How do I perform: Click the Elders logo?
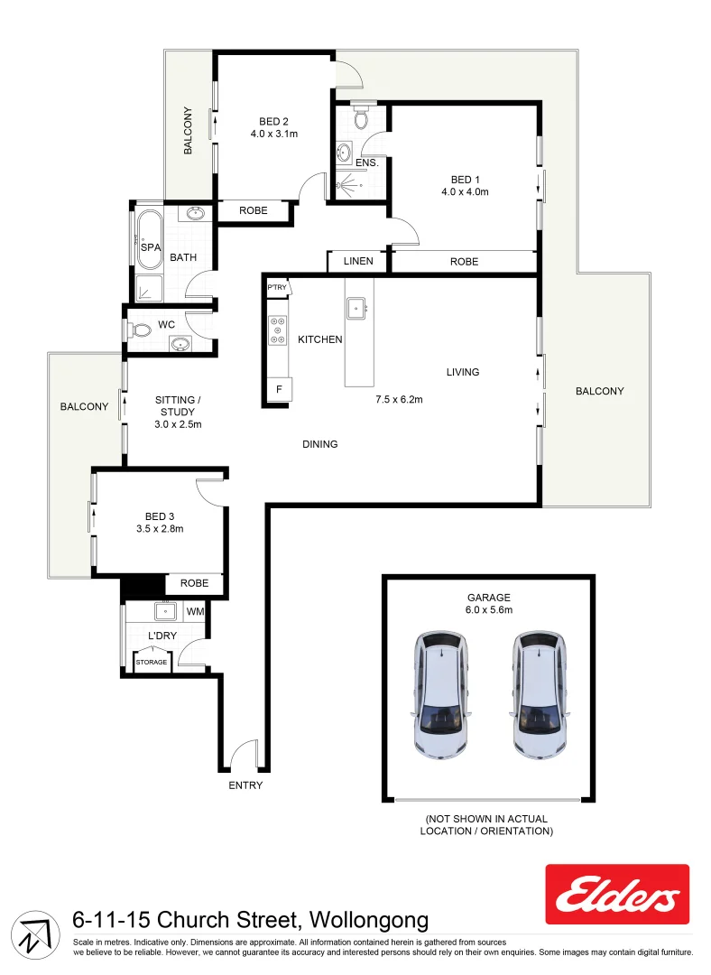(x=617, y=894)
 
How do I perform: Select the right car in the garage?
(x=540, y=693)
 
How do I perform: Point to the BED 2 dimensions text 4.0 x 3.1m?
(x=274, y=134)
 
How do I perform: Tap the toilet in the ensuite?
(x=361, y=118)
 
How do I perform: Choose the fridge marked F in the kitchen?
(x=279, y=389)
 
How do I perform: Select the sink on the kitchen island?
(x=357, y=308)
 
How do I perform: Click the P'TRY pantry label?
(x=276, y=287)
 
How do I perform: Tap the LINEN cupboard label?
(x=357, y=262)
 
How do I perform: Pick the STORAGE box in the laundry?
(x=152, y=662)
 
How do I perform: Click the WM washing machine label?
(x=195, y=612)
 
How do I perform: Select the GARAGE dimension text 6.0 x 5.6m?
(x=489, y=610)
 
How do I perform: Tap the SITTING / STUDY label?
(x=178, y=405)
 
